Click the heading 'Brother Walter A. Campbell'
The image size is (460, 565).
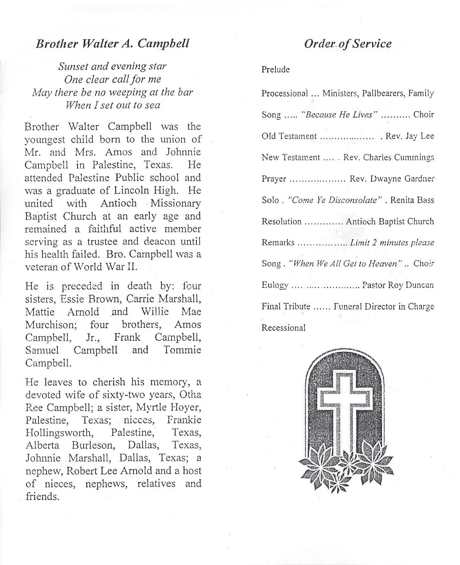(x=113, y=44)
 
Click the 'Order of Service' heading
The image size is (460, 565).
(x=347, y=44)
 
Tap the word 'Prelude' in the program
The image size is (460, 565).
(x=275, y=69)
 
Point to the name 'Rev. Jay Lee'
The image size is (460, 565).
(x=410, y=136)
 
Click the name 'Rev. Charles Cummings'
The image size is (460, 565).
(x=388, y=158)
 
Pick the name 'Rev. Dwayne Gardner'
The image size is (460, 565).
(x=392, y=179)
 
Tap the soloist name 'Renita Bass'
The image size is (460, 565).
(x=412, y=200)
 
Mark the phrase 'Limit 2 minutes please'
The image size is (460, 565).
(x=392, y=243)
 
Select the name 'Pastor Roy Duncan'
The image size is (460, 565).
(x=398, y=285)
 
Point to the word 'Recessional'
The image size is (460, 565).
(x=283, y=328)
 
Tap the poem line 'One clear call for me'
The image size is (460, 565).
(x=113, y=79)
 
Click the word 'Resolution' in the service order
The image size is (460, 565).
(x=281, y=222)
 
